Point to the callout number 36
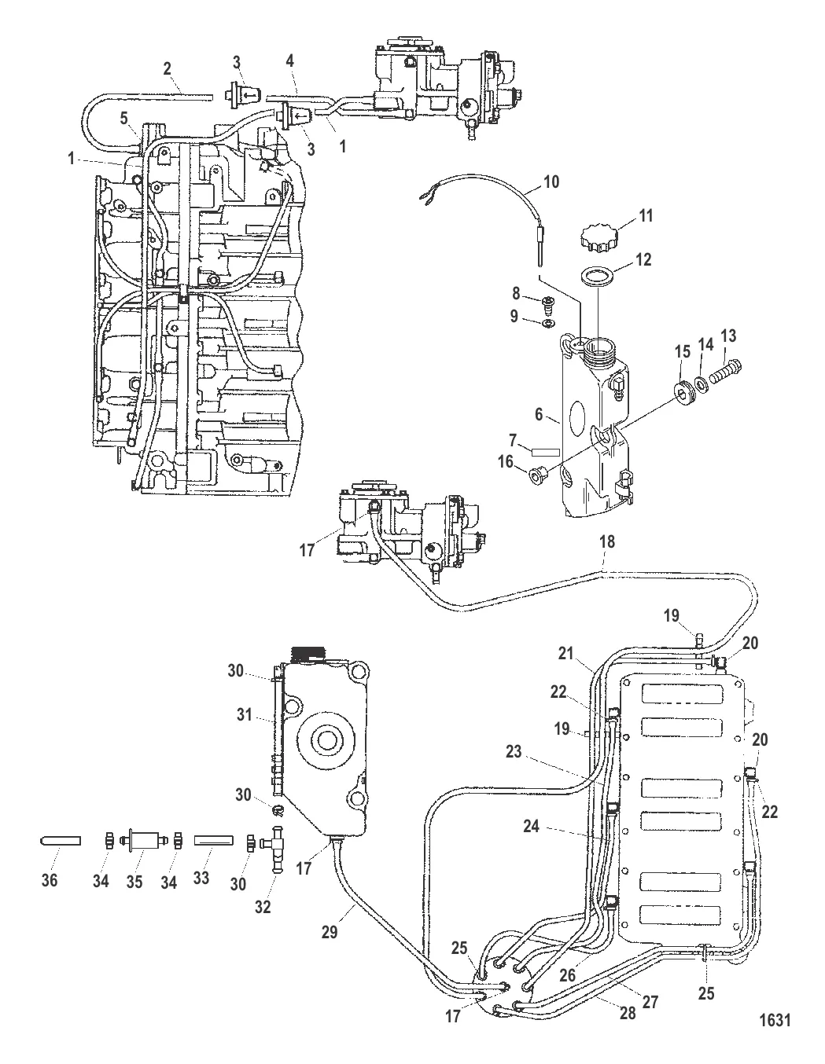pyautogui.click(x=49, y=881)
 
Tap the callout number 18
pyautogui.click(x=606, y=542)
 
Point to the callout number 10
pyautogui.click(x=551, y=182)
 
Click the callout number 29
pyautogui.click(x=330, y=931)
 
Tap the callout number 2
pyautogui.click(x=168, y=68)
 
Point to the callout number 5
pyautogui.click(x=123, y=118)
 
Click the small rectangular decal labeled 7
pyautogui.click(x=544, y=452)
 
